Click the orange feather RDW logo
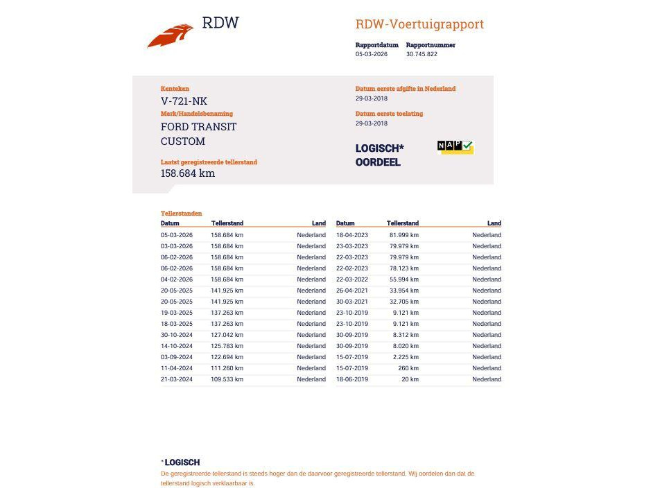coord(171,35)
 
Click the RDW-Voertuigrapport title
coord(419,24)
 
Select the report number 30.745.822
coord(422,54)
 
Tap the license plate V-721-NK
coord(184,101)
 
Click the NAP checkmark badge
coord(455,146)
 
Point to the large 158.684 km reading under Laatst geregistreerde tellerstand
coord(188,173)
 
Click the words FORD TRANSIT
coord(198,127)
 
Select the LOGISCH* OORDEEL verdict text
coord(379,155)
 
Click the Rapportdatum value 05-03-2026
coord(372,54)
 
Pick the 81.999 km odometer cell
coord(403,235)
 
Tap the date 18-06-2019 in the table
coord(352,379)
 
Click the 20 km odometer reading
coord(410,379)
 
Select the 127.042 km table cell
coord(227,335)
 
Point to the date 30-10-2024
coord(177,335)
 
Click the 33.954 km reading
coord(403,291)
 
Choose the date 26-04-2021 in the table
coord(352,291)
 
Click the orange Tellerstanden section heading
coord(182,214)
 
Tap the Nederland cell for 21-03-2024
coord(311,379)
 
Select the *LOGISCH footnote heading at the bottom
coord(182,462)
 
